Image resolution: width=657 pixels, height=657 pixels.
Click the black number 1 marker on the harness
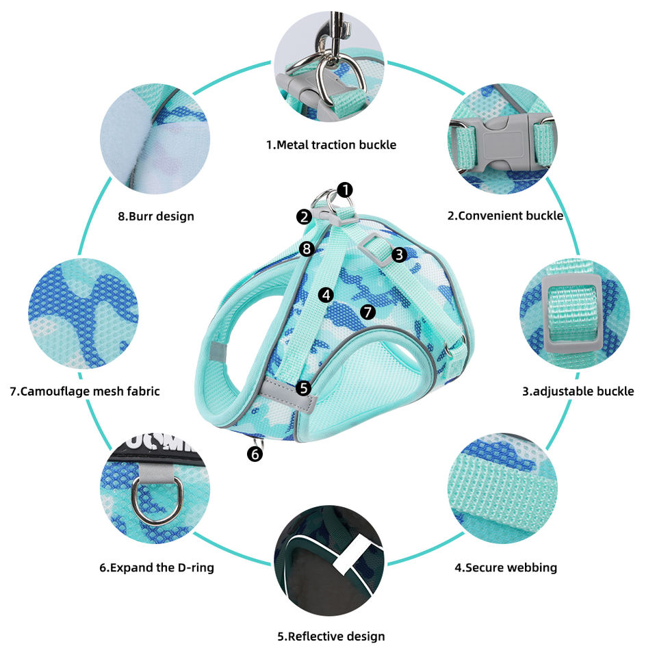click(346, 189)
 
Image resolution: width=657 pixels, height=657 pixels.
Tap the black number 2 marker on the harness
click(305, 217)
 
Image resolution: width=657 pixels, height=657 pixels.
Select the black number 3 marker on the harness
click(400, 255)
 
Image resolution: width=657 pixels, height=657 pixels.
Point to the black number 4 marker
click(326, 295)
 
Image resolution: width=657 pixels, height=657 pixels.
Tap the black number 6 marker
click(255, 453)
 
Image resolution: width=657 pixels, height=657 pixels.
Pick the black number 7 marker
click(368, 312)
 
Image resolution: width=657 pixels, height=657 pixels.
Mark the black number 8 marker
click(307, 248)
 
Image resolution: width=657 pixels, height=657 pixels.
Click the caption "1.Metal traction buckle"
click(331, 144)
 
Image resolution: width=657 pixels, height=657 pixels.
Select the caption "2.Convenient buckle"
click(505, 216)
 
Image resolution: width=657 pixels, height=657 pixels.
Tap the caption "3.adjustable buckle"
click(578, 391)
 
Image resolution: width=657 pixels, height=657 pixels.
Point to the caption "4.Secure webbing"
click(506, 567)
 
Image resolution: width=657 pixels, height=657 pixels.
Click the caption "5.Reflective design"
click(331, 636)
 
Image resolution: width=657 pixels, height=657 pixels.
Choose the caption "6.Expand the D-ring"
click(157, 567)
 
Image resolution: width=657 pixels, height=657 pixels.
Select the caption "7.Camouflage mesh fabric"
click(85, 391)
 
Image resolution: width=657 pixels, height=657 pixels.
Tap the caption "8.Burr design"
click(156, 216)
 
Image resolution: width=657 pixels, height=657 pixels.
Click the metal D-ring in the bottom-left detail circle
click(147, 498)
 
